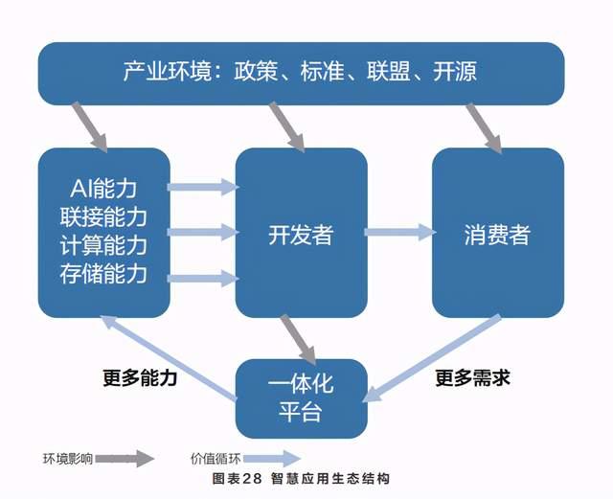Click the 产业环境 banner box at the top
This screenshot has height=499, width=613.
click(301, 74)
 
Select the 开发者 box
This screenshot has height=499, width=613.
click(301, 233)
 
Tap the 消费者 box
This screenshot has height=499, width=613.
click(498, 233)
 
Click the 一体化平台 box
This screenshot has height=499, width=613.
click(301, 398)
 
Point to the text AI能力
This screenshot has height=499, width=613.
click(103, 189)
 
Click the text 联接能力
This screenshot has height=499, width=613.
click(103, 217)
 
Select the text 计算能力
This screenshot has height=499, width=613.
click(103, 245)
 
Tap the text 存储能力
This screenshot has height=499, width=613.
click(103, 274)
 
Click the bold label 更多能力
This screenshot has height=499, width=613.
click(140, 377)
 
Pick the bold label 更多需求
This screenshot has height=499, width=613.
click(472, 377)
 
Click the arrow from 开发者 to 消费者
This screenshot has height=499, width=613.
click(400, 233)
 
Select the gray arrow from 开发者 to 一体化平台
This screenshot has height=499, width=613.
click(299, 339)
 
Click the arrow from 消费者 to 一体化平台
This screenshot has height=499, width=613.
click(432, 358)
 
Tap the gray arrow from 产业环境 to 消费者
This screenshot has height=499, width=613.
click(484, 128)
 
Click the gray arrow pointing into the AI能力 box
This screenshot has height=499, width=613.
click(90, 127)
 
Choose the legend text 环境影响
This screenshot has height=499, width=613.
click(68, 459)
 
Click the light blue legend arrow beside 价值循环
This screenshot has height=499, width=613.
click(272, 459)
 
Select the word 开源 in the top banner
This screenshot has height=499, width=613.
click(455, 72)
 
